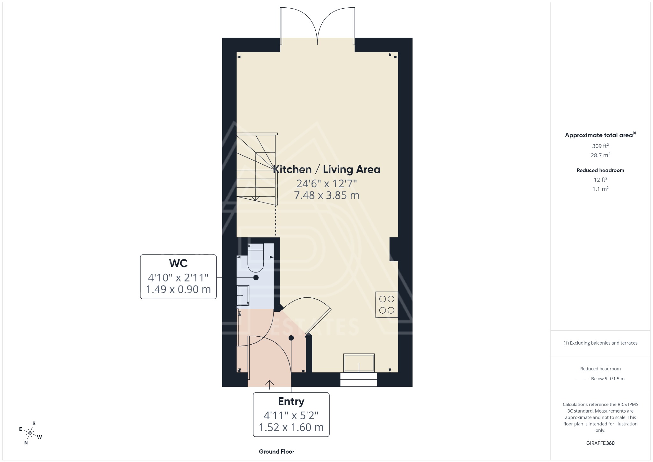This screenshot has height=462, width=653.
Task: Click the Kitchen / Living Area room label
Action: pyautogui.click(x=326, y=169)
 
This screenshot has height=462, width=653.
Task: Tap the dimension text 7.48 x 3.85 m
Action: pyautogui.click(x=326, y=195)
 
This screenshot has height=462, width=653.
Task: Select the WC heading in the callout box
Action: pyautogui.click(x=178, y=263)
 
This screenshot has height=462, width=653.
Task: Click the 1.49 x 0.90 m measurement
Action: pyautogui.click(x=178, y=289)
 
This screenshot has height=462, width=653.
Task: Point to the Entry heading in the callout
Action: pyautogui.click(x=291, y=401)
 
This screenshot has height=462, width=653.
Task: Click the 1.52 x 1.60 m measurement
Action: pyautogui.click(x=291, y=427)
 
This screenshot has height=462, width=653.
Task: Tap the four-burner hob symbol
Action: pyautogui.click(x=386, y=304)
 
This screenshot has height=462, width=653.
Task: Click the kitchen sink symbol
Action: pyautogui.click(x=359, y=363)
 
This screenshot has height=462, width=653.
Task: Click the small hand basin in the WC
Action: pyautogui.click(x=243, y=296)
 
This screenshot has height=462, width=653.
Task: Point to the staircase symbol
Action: pyautogui.click(x=256, y=169)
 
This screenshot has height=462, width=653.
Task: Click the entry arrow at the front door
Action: pyautogui.click(x=270, y=384)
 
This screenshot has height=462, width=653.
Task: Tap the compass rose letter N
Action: pyautogui.click(x=26, y=443)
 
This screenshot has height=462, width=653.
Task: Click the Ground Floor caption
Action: pyautogui.click(x=276, y=451)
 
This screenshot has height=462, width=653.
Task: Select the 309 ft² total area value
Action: pyautogui.click(x=600, y=146)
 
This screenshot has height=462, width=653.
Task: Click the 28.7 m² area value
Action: pyautogui.click(x=600, y=155)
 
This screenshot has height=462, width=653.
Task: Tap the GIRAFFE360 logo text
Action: pyautogui.click(x=600, y=443)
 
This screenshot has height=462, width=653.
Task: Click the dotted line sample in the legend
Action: pyautogui.click(x=582, y=379)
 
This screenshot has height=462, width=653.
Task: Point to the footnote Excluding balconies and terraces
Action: pyautogui.click(x=600, y=343)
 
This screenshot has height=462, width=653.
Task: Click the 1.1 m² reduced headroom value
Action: pyautogui.click(x=600, y=189)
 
